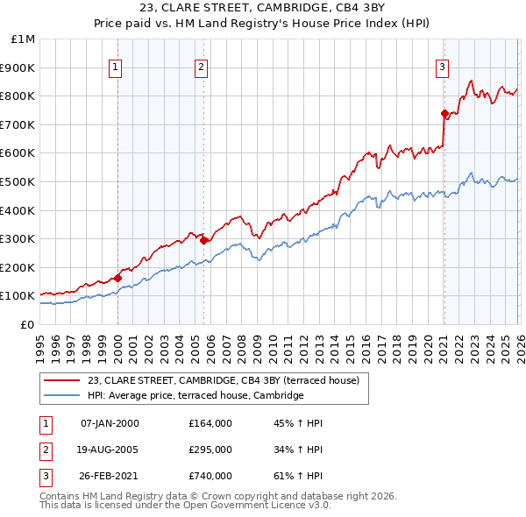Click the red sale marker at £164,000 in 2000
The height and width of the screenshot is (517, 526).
[117, 278]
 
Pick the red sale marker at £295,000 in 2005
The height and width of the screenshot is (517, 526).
[203, 240]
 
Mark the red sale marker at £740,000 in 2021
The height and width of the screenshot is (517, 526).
[444, 113]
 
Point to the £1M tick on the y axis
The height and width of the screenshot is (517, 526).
[24, 39]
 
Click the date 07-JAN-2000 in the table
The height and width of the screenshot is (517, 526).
[110, 423]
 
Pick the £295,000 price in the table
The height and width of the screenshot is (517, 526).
[210, 450]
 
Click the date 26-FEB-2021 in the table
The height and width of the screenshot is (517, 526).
[110, 476]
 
